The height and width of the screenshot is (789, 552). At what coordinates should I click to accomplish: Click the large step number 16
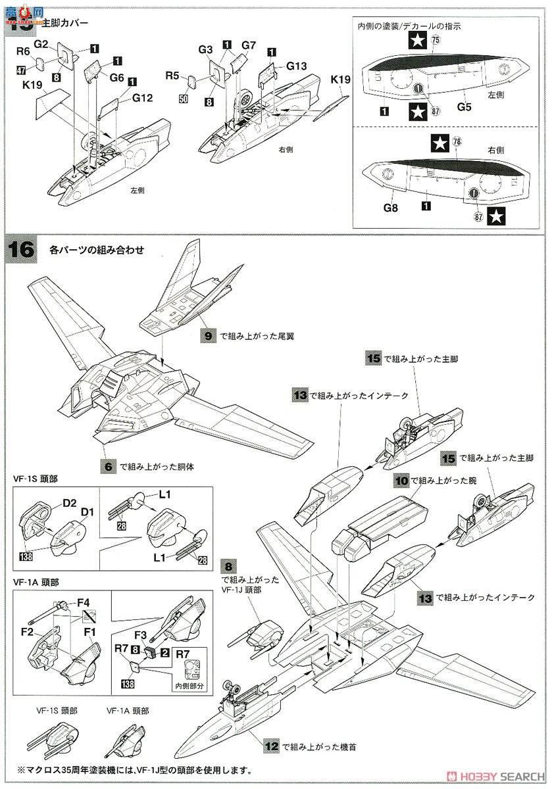20,250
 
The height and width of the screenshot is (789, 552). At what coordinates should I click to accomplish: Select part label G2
41,45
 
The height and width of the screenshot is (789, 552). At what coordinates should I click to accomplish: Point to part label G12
143,98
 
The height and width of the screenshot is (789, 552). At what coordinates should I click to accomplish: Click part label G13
296,66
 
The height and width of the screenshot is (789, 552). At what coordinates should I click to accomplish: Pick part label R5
172,76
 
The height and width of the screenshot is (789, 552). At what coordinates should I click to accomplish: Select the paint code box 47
21,70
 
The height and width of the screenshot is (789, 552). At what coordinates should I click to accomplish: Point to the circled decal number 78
457,141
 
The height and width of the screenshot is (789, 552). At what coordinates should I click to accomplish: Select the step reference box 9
209,336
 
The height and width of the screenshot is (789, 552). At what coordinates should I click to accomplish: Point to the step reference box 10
401,481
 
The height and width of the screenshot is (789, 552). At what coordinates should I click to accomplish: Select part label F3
141,636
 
